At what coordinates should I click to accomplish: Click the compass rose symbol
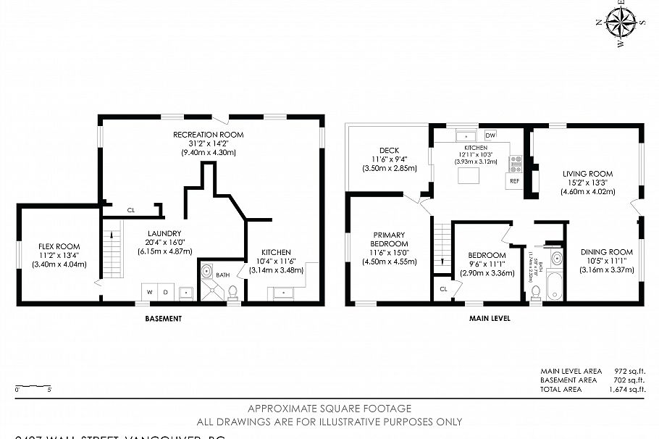click(x=621, y=21)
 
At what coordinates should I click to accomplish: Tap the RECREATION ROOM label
click(x=208, y=135)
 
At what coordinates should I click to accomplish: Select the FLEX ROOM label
click(x=59, y=246)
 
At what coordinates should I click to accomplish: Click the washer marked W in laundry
click(x=149, y=292)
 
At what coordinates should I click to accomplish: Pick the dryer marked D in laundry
click(x=166, y=292)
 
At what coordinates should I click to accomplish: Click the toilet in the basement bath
click(x=232, y=292)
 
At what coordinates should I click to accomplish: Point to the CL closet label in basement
click(x=131, y=210)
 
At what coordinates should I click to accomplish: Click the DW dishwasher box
click(x=490, y=135)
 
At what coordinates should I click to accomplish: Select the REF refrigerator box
click(x=514, y=180)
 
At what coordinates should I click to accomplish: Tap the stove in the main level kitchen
click(x=515, y=162)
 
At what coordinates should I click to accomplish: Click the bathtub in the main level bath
click(x=555, y=287)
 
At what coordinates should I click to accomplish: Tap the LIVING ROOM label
click(x=587, y=174)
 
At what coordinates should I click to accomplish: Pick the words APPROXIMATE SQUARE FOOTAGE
click(x=329, y=409)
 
